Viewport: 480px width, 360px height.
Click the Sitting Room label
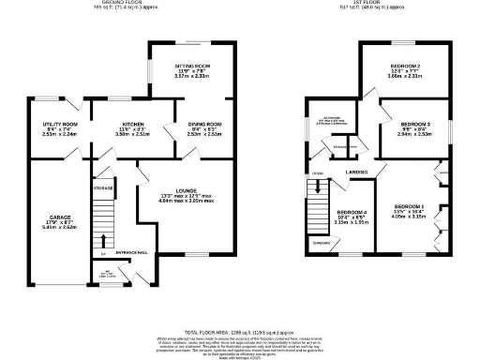click(194, 67)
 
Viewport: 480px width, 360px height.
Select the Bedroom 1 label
click(409, 205)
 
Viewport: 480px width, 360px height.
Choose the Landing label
click(357, 172)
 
